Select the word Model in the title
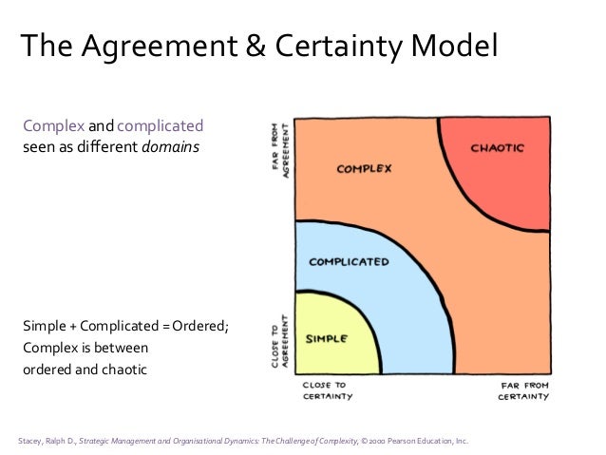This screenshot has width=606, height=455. (x=450, y=45)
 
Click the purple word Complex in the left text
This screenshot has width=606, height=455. (x=54, y=126)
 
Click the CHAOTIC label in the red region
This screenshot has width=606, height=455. (x=497, y=148)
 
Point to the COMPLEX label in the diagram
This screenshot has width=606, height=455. (x=364, y=170)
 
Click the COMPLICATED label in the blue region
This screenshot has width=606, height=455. (x=349, y=262)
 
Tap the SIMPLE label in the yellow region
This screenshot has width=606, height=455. (x=326, y=338)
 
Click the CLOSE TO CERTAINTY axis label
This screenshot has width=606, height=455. (x=325, y=391)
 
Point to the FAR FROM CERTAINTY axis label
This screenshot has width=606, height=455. (x=523, y=391)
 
